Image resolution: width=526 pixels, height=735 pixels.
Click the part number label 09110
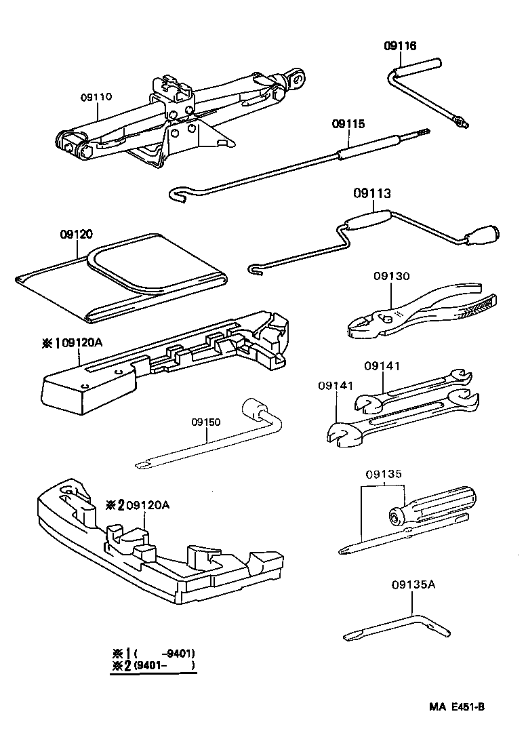96,97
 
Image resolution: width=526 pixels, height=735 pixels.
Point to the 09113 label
371,194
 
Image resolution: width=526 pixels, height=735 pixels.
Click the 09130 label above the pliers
391,277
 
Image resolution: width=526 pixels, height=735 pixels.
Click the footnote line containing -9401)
155,653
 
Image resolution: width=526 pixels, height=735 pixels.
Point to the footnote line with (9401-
155,666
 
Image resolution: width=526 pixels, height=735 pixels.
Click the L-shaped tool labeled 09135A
400,624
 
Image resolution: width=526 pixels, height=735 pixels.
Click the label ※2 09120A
138,505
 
